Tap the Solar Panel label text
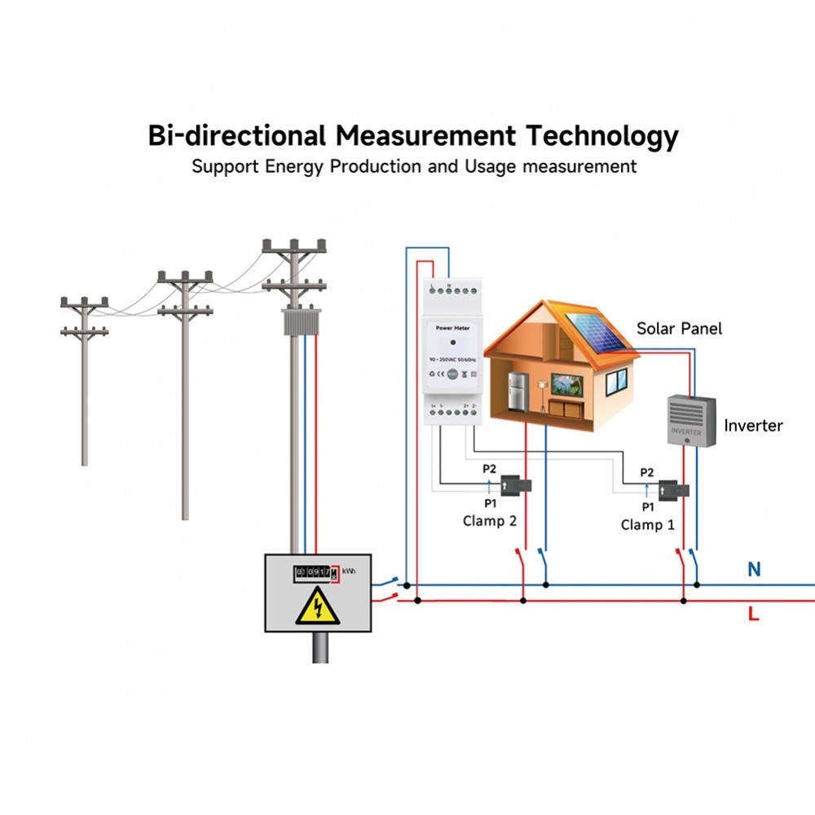(679, 328)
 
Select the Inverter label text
(753, 425)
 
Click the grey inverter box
(690, 421)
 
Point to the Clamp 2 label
(490, 521)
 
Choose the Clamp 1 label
(648, 524)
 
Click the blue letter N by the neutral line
(754, 570)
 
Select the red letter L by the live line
(753, 614)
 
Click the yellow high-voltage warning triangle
(318, 608)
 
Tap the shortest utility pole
(84, 383)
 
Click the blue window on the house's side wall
(616, 380)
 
